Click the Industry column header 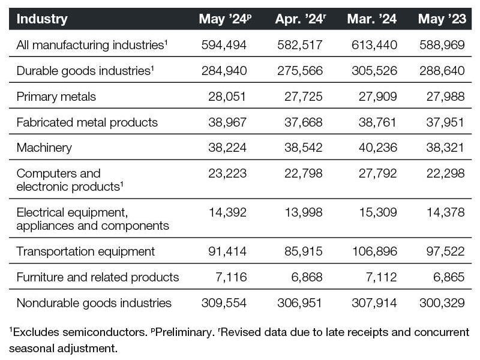[x=42, y=19]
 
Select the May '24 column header [x=226, y=19]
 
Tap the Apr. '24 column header [x=301, y=19]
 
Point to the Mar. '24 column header [x=372, y=19]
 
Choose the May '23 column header [x=442, y=19]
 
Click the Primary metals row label [x=56, y=97]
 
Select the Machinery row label [x=44, y=148]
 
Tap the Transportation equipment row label [x=86, y=251]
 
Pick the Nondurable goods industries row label [x=94, y=303]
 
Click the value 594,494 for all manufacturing [x=224, y=45]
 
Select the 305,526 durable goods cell [x=374, y=71]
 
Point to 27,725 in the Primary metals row [x=304, y=97]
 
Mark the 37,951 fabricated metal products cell [x=445, y=122]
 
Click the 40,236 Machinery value [x=378, y=148]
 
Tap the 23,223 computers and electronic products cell [x=227, y=173]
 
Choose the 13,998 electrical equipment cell [x=304, y=212]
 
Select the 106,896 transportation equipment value [x=374, y=251]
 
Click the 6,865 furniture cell [x=449, y=277]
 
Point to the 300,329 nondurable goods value [x=442, y=303]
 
